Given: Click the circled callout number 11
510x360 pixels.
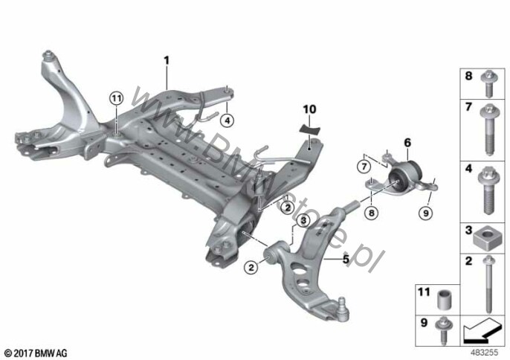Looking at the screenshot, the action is coord(117,98).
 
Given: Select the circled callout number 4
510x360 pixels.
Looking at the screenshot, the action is coord(227,120).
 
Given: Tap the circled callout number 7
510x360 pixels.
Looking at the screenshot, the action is coord(364,167).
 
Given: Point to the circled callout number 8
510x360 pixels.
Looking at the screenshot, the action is coord(372,213).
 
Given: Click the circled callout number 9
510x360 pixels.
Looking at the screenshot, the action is coord(426,213).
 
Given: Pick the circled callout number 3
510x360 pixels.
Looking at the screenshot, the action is coord(303,221).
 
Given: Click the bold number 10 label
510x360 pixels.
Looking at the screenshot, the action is coord(309,109).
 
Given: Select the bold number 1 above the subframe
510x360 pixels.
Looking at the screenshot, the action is coord(167,60).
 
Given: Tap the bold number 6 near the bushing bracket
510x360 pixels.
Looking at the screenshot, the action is coord(407,143).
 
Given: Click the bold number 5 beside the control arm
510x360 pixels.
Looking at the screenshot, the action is coord(346,259).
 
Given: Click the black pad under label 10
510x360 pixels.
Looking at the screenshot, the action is coord(309,130).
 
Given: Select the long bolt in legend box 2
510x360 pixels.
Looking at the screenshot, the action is coord(489,284).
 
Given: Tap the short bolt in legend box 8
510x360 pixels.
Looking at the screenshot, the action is coord(488,84).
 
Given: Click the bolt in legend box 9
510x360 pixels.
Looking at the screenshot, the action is coord(442,330).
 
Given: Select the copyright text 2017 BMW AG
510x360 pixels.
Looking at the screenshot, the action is coord(36,353).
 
